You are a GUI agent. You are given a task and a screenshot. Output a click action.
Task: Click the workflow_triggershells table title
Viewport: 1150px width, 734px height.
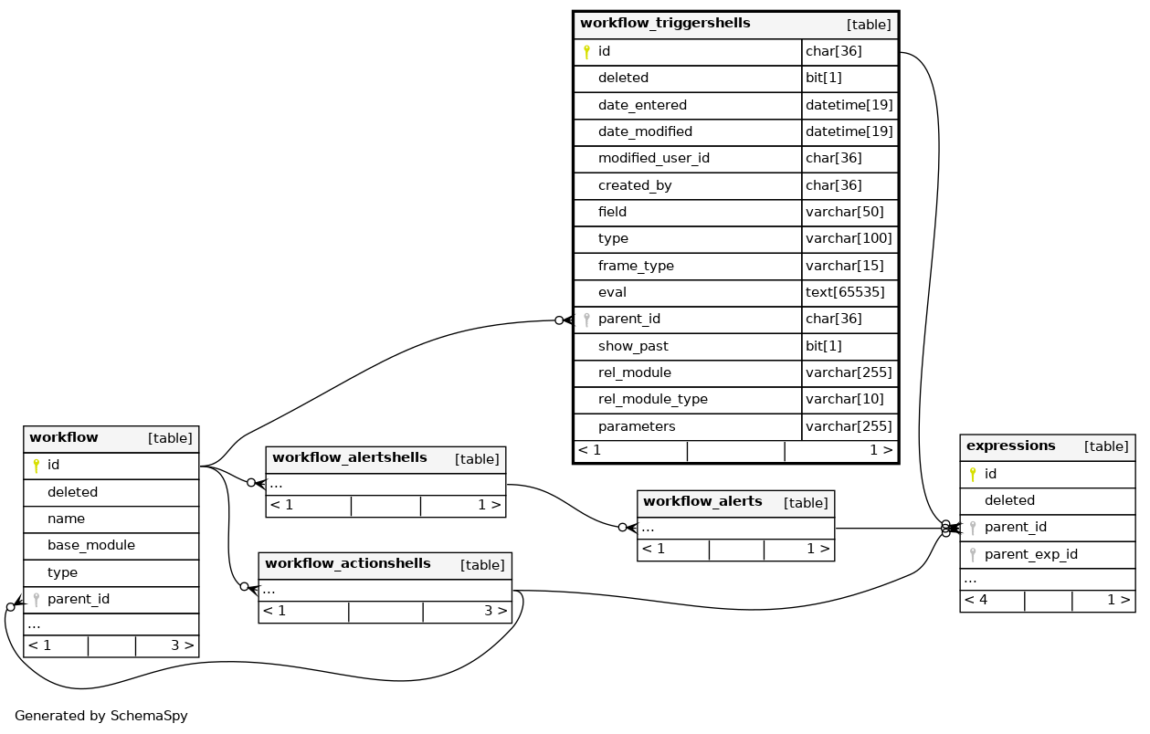(x=665, y=24)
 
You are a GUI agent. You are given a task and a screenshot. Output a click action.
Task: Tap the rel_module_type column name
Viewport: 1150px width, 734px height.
(x=652, y=400)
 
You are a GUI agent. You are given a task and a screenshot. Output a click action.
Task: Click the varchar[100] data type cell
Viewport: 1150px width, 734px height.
(x=849, y=239)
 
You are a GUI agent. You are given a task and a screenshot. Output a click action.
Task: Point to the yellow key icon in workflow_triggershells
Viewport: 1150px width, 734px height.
(x=586, y=52)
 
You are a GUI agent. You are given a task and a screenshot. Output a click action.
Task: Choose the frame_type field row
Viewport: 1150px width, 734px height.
(x=636, y=267)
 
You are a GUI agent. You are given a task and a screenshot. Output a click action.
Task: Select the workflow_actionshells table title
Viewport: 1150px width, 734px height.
(x=347, y=564)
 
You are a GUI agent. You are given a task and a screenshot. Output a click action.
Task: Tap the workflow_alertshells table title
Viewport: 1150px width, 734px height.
(x=349, y=458)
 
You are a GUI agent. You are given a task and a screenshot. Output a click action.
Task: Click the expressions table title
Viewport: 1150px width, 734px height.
(x=1010, y=446)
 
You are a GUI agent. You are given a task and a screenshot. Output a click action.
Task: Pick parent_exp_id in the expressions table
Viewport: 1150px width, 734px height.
(x=1030, y=554)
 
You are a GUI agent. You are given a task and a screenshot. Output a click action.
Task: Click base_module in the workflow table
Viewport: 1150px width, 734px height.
(x=90, y=546)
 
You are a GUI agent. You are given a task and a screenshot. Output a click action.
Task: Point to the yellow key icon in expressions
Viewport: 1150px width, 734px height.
(x=973, y=475)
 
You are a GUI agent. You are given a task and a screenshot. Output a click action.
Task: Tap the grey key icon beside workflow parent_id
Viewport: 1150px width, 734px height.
(x=37, y=600)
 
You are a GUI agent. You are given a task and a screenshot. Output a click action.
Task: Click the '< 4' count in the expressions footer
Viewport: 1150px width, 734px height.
(x=976, y=601)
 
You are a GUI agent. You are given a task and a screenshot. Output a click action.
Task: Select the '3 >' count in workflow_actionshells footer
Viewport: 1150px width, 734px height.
(x=495, y=612)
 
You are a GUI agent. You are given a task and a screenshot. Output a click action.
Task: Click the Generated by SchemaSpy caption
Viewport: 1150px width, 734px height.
(x=100, y=717)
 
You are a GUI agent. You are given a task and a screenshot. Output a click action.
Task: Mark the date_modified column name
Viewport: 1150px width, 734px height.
(x=645, y=132)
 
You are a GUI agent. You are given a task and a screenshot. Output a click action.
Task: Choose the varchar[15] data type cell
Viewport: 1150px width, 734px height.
(x=845, y=267)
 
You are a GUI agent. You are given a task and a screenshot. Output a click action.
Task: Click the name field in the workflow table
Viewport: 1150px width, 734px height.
(x=66, y=519)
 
